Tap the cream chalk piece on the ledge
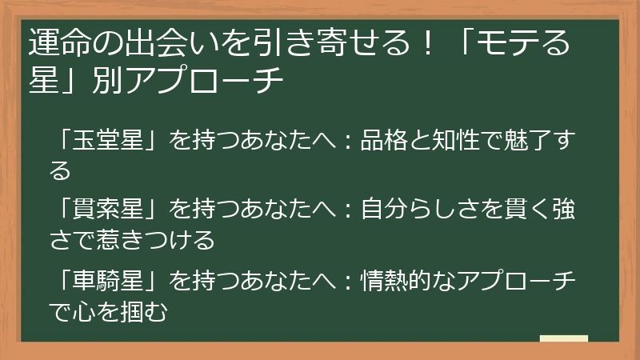(563, 338)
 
